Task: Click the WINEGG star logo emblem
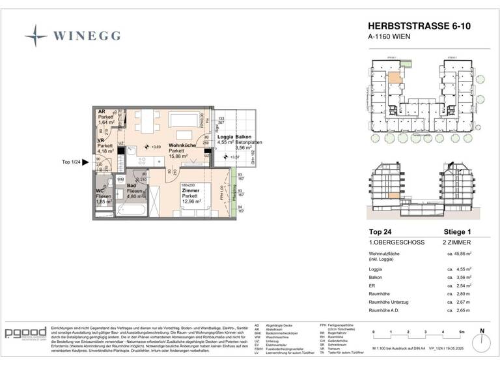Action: (x=36, y=35)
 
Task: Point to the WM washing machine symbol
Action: (x=120, y=179)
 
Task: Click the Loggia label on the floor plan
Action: (x=225, y=137)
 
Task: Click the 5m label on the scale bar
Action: (x=460, y=332)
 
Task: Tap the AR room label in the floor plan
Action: (x=101, y=111)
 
